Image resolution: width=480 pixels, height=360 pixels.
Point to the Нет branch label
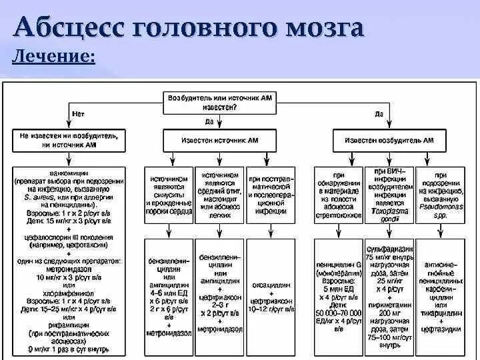pyautogui.click(x=79, y=114)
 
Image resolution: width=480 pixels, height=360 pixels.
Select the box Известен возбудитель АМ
pyautogui.click(x=389, y=141)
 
